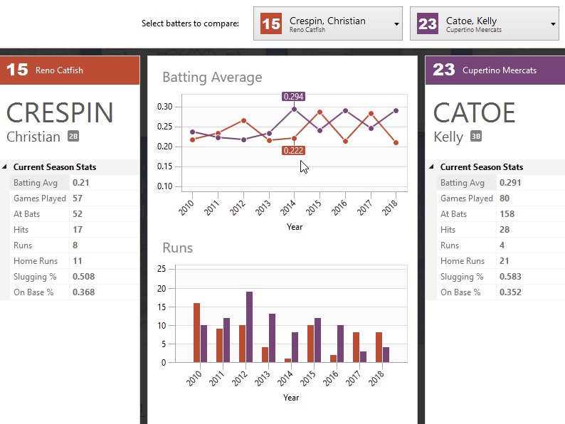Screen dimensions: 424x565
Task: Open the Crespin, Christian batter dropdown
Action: tap(396, 23)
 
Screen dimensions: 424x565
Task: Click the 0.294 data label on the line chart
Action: tap(294, 96)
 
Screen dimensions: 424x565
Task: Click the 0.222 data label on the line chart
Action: tap(294, 150)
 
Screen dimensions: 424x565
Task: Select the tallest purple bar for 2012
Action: tap(249, 327)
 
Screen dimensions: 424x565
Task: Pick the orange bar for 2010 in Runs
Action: tap(196, 332)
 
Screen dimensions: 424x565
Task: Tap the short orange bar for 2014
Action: tap(287, 360)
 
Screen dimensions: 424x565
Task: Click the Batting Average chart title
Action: tap(212, 77)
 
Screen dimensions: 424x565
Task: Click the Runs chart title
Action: tap(178, 248)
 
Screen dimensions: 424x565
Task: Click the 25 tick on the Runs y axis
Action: tap(162, 269)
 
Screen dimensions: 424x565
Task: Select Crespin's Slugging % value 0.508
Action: tap(83, 277)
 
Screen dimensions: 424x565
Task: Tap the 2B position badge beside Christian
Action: tap(73, 137)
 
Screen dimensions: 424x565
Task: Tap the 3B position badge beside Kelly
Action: tap(476, 137)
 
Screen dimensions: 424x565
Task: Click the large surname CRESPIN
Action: tap(60, 113)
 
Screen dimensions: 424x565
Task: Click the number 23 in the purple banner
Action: tap(443, 70)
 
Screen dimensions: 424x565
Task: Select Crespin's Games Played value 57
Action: tap(78, 198)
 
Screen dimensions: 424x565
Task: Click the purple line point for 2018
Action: tap(396, 111)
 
